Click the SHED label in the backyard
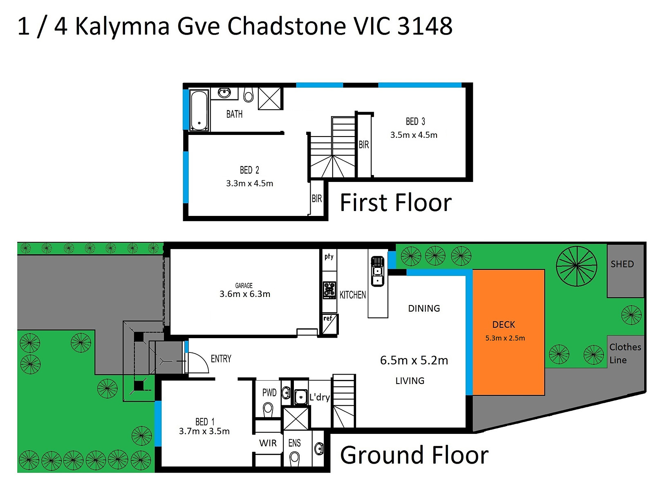click(622, 264)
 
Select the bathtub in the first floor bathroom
click(199, 110)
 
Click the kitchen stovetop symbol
click(329, 289)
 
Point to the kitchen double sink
click(377, 271)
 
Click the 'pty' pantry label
click(329, 256)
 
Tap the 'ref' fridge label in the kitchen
click(328, 318)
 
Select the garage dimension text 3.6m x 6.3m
click(244, 294)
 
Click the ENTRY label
click(221, 359)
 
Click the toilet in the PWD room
click(268, 408)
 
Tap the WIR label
click(268, 443)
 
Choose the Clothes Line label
click(625, 353)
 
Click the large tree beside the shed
click(576, 266)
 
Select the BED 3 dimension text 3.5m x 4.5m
click(414, 135)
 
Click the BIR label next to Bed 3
click(363, 144)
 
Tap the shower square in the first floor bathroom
click(270, 98)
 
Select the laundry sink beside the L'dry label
click(300, 396)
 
